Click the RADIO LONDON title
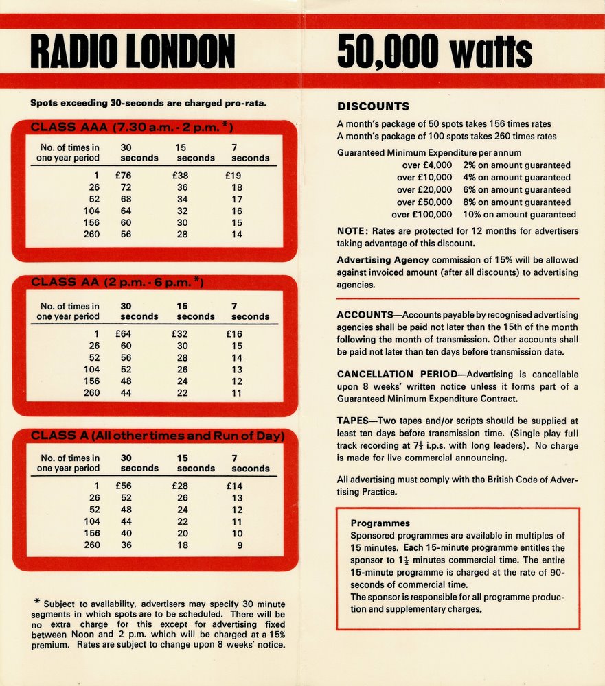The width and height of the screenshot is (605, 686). coord(133,52)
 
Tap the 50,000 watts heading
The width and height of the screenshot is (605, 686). coord(434,52)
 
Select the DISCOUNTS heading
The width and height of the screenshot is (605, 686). coord(373,106)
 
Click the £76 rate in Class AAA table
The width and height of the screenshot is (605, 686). coord(124,176)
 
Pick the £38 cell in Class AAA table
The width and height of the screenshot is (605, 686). coord(181,176)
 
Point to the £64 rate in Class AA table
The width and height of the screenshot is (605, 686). coord(124,334)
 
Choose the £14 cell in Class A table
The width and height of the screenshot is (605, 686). coord(235,486)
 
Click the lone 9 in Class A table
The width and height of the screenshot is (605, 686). coord(239,545)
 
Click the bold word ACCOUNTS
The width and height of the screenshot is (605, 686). coord(364,315)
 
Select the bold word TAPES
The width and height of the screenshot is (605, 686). coord(354,421)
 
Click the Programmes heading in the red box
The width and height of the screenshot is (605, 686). coord(380,523)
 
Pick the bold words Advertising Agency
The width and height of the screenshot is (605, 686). coord(383,260)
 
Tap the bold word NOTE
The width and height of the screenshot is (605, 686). coord(352,231)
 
